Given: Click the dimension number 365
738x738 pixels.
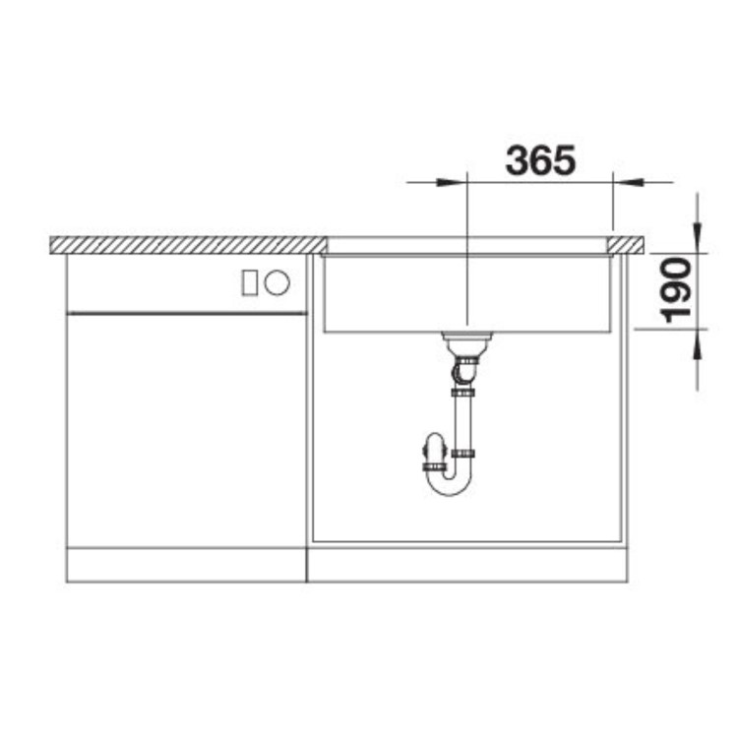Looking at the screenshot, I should pos(539,159).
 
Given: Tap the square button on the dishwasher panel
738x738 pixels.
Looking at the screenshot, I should pos(251,283).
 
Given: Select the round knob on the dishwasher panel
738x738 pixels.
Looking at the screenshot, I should pos(277,283).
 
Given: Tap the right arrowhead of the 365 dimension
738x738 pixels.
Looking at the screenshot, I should pos(627,182).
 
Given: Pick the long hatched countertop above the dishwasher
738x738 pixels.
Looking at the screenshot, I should pos(187,244).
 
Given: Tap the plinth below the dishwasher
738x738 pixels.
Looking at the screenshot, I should pos(185,564).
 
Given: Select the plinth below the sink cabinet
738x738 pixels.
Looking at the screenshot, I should pos(467,564).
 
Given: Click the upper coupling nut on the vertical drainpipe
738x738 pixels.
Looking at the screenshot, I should pos(462,393).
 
